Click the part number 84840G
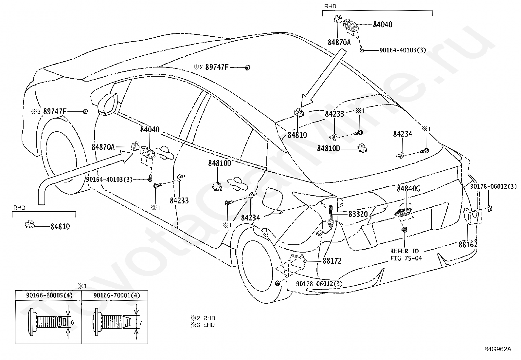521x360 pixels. (x=408, y=188)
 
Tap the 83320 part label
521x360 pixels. (x=358, y=214)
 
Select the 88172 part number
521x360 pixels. (x=332, y=261)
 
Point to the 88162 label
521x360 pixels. (x=468, y=244)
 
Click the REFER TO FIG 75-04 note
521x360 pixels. (x=406, y=255)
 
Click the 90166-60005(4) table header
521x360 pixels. (x=49, y=295)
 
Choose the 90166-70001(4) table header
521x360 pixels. (x=117, y=295)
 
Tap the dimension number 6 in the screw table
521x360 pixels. (x=72, y=323)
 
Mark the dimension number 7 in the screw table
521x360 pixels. (x=140, y=323)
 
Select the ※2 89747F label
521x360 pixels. (x=211, y=67)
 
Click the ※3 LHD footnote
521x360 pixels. (x=203, y=325)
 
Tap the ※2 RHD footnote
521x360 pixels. (x=203, y=318)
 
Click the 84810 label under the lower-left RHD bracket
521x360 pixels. (x=60, y=227)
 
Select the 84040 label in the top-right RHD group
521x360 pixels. (x=383, y=25)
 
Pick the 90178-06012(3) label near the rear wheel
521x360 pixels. (x=319, y=284)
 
